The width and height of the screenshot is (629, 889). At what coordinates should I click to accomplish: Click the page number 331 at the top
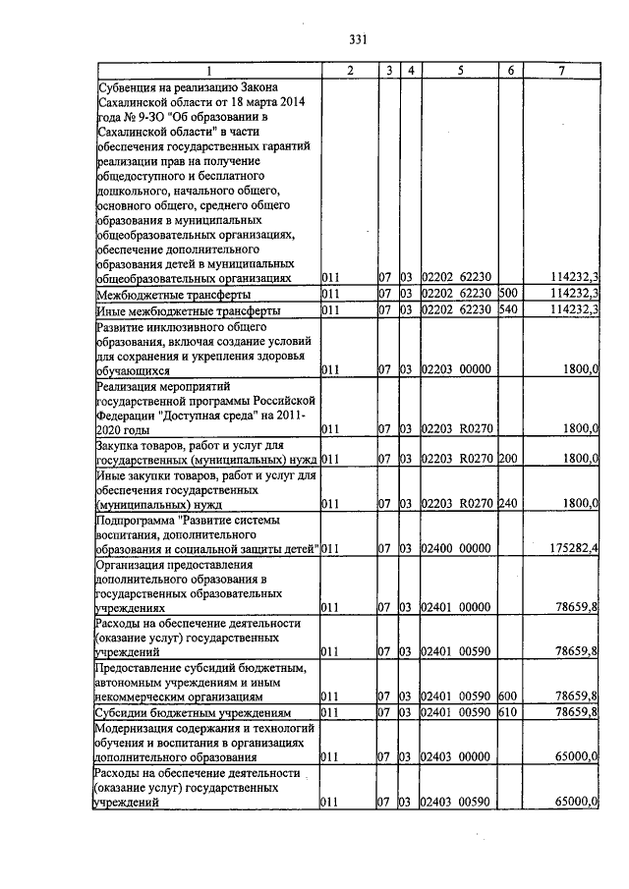coord(358,39)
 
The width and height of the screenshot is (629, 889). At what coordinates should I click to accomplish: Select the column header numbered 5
coord(457,71)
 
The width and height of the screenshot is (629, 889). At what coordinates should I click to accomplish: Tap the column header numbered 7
coord(560,71)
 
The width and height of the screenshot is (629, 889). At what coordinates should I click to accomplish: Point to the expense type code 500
coord(508,294)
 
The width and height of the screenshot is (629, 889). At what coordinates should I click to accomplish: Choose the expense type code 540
coord(508,310)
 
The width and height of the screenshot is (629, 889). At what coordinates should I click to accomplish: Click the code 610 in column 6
coord(508,711)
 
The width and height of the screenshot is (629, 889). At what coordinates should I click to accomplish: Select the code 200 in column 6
coord(508,459)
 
